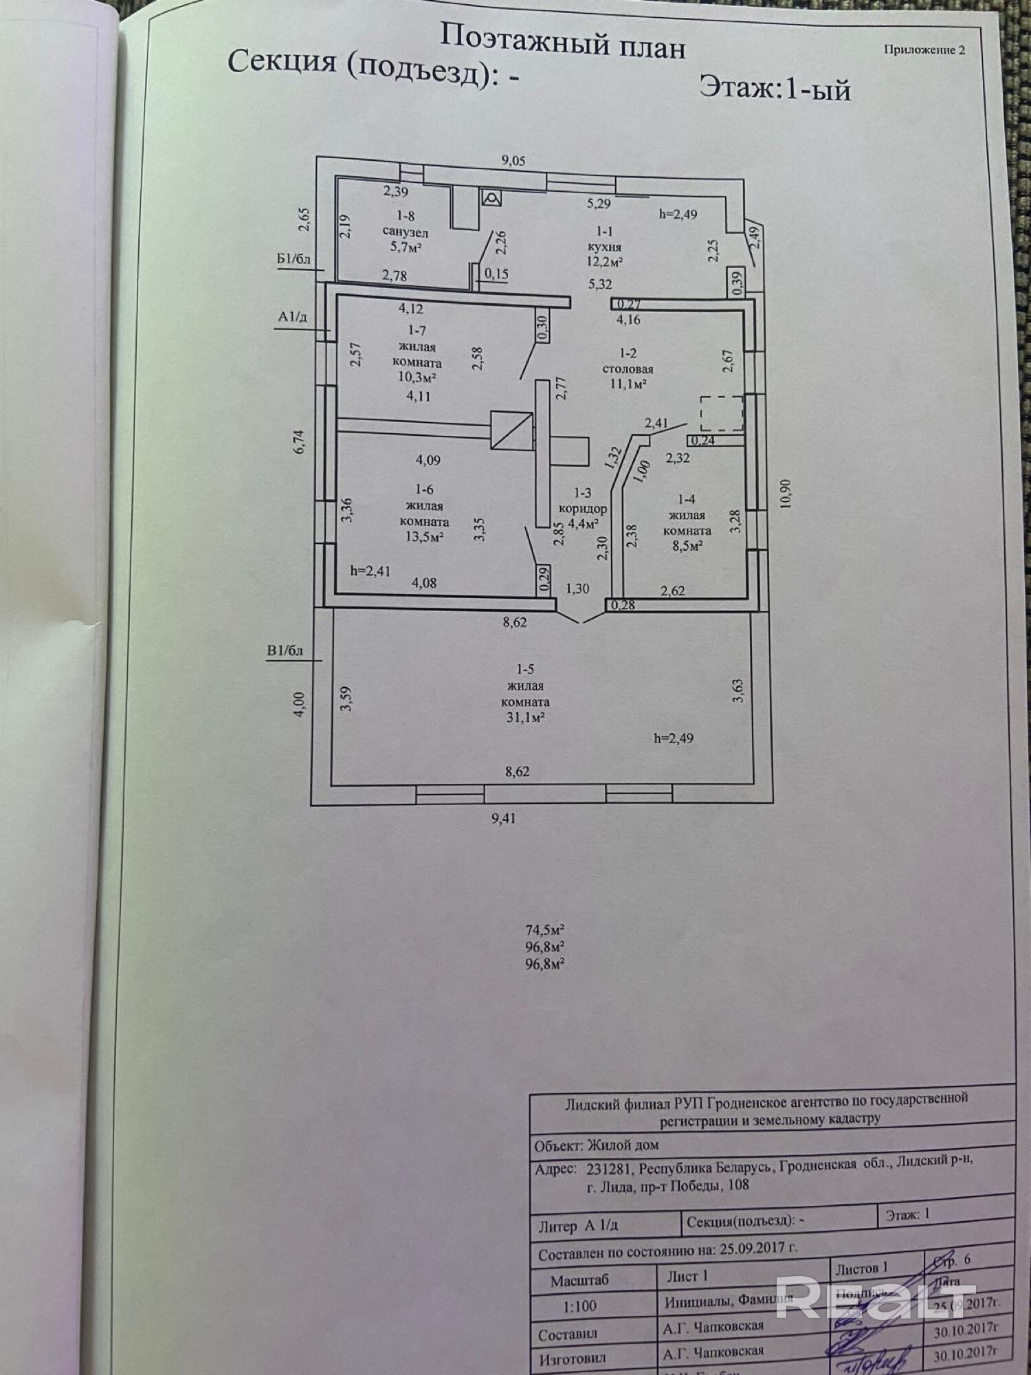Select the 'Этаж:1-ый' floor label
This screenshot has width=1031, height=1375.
pyautogui.click(x=775, y=89)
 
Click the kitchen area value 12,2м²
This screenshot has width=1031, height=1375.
pyautogui.click(x=606, y=261)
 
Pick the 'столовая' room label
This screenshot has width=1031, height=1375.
pyautogui.click(x=628, y=369)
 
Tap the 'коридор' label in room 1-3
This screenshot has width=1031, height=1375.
pyautogui.click(x=582, y=509)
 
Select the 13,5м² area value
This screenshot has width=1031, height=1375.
pyautogui.click(x=423, y=537)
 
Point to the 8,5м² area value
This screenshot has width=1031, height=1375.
pyautogui.click(x=686, y=546)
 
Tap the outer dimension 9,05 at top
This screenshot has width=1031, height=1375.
pyautogui.click(x=513, y=161)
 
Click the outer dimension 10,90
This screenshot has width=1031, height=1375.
pyautogui.click(x=786, y=494)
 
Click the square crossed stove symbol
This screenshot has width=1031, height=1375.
pyautogui.click(x=511, y=430)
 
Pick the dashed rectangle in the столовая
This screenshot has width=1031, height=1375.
pyautogui.click(x=722, y=412)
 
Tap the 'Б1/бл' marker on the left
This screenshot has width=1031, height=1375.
pyautogui.click(x=293, y=260)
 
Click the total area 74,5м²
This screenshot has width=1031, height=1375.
pyautogui.click(x=545, y=930)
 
